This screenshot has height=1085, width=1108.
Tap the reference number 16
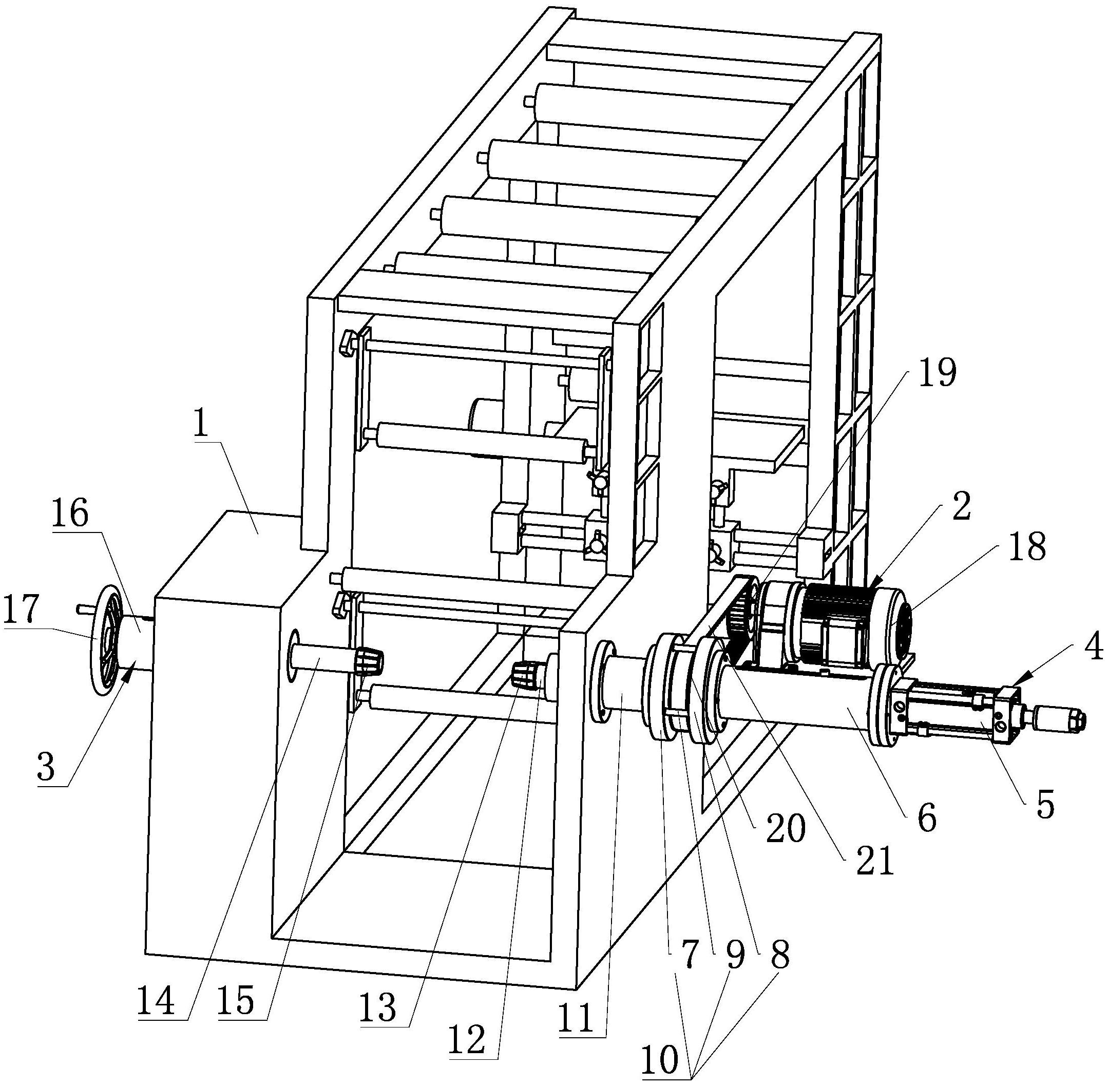click(71, 515)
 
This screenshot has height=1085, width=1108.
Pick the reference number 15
click(235, 1001)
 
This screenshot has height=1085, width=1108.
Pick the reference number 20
click(786, 827)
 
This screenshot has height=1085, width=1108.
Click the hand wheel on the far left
click(108, 642)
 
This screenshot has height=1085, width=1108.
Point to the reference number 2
click(961, 507)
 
